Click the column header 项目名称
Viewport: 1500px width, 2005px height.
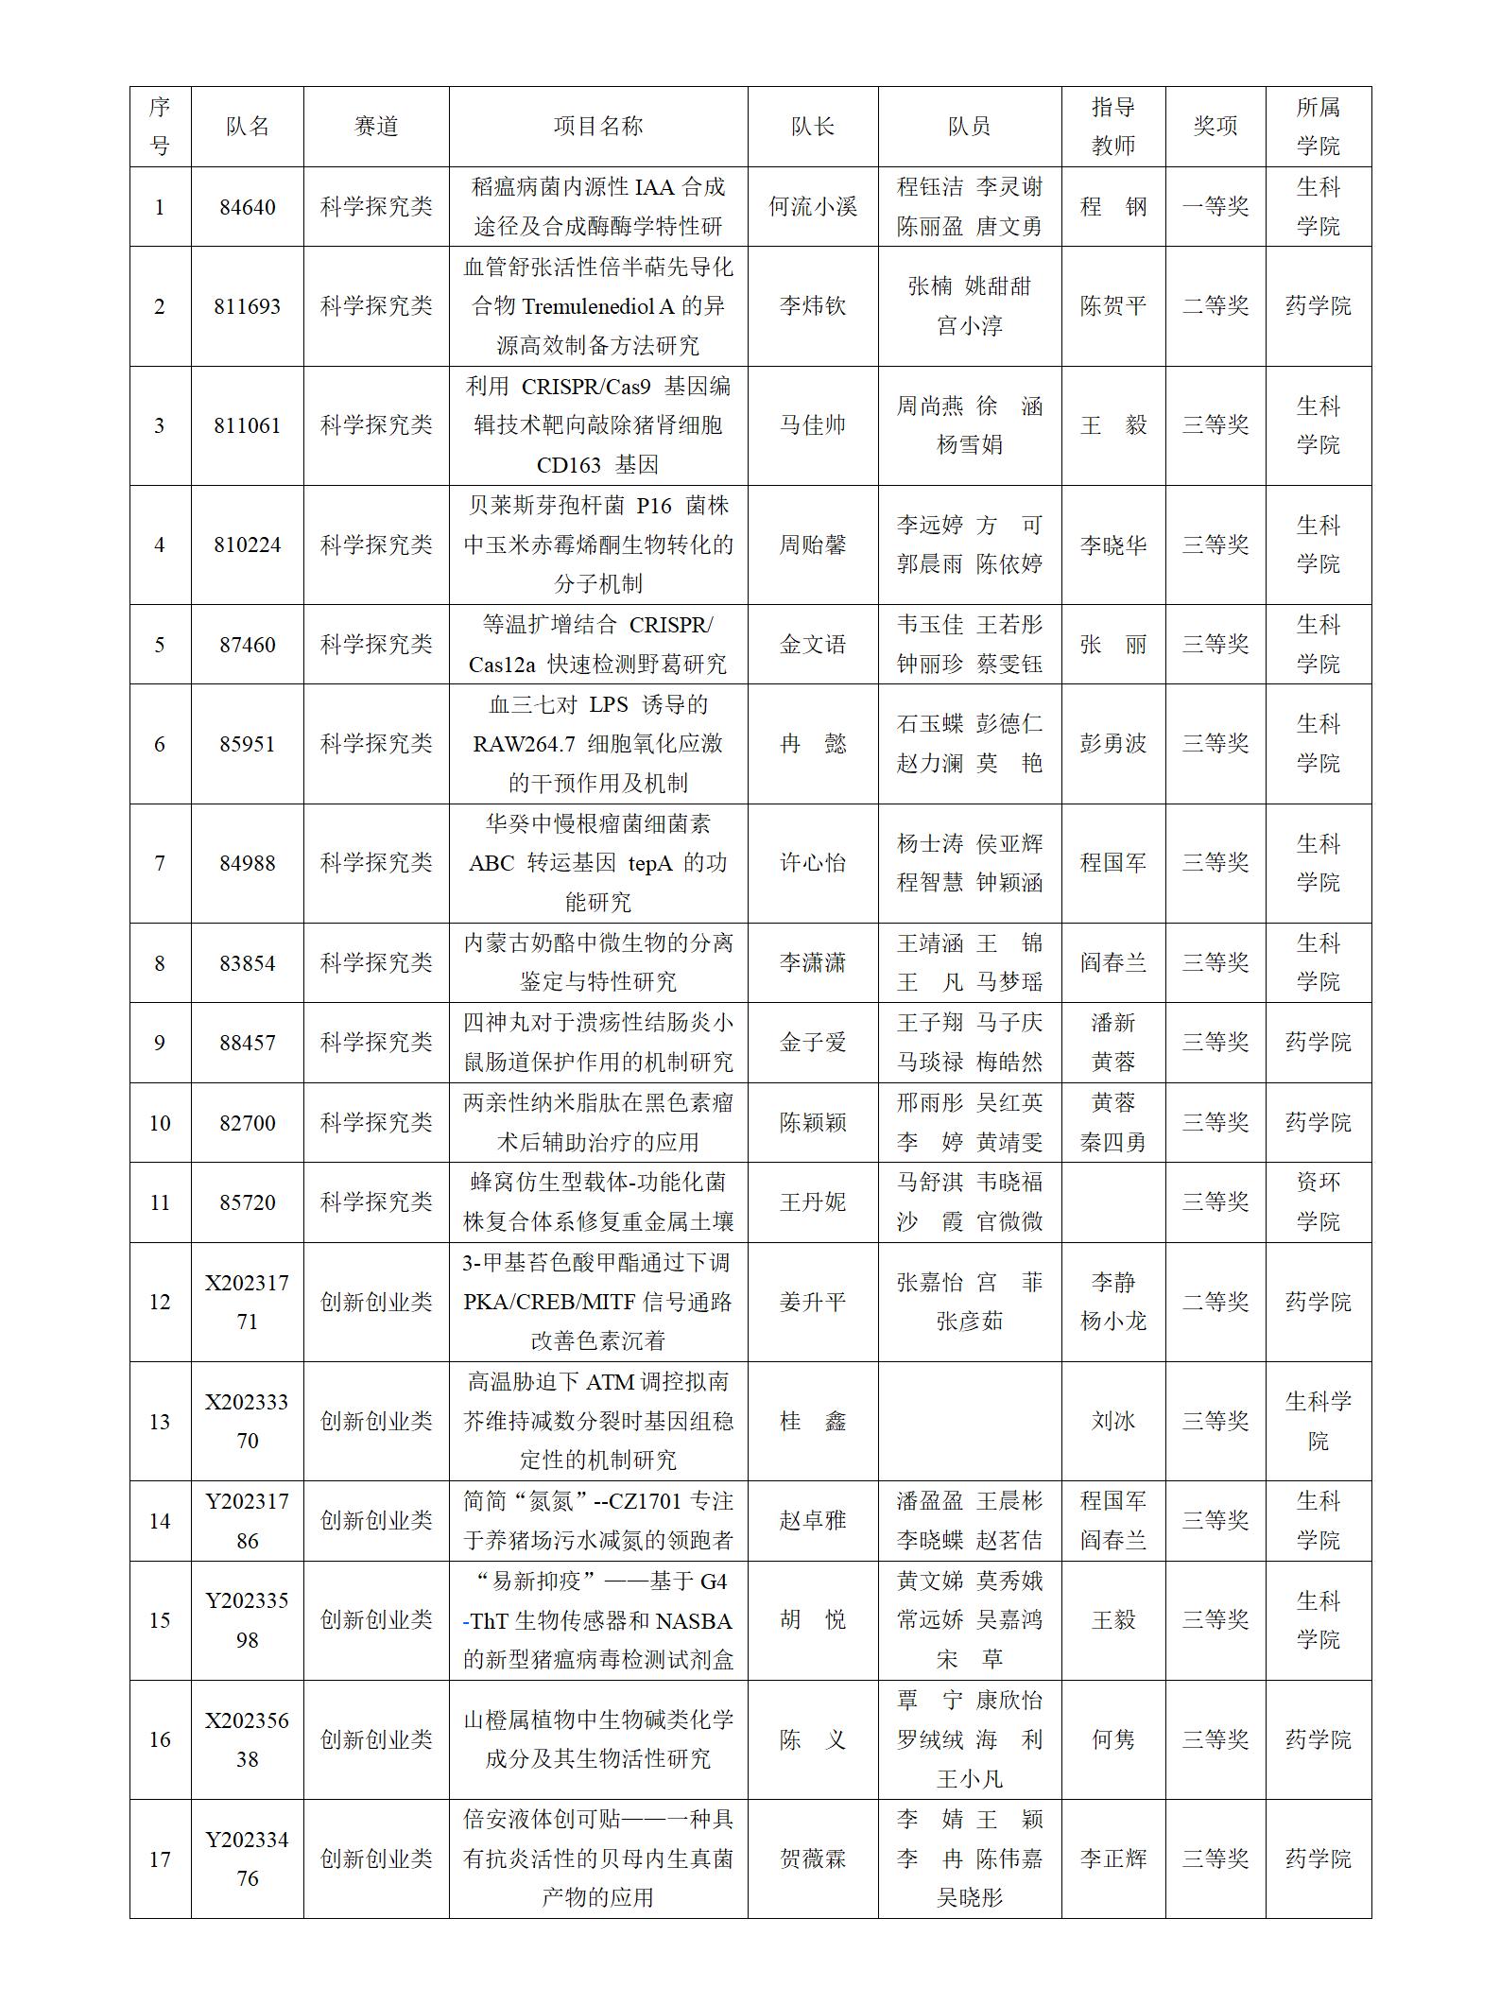coord(597,127)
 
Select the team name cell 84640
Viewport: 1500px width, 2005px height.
coord(247,207)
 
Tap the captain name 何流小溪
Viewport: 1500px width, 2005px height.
coord(812,207)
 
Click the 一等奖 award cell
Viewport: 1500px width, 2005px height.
coord(1215,207)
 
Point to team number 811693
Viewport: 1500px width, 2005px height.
coord(247,306)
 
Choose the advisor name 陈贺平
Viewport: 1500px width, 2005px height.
coord(1112,306)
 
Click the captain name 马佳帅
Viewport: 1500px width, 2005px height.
coord(812,425)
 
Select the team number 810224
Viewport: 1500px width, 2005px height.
coord(247,544)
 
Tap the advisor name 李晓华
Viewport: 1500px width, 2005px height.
coord(1112,544)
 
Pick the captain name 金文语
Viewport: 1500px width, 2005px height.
coord(812,645)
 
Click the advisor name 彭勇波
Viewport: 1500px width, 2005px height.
coord(1112,744)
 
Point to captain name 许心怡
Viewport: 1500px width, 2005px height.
coord(812,863)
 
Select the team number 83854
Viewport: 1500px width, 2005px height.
coord(247,963)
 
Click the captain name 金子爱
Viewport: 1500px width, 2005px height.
coord(812,1043)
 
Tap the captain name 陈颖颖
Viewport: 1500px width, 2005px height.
coord(812,1123)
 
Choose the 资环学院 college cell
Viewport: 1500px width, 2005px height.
coord(1318,1202)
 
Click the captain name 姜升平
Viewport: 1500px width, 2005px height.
coord(812,1302)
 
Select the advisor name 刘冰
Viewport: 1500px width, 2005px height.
coord(1112,1422)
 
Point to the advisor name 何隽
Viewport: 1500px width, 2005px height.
coord(1112,1739)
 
